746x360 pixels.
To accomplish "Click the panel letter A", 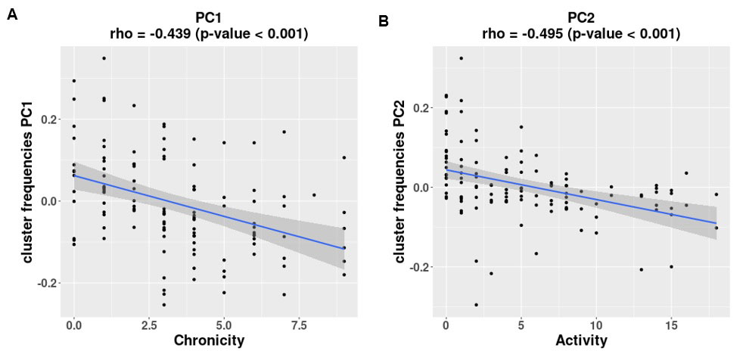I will point(11,14).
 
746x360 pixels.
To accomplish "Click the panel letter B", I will point(384,21).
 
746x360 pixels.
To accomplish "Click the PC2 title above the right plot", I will point(581,16).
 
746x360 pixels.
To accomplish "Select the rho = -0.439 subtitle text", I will point(210,33).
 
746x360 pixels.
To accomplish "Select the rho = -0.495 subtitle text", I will point(581,34).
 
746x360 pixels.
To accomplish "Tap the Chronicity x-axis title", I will point(209,340).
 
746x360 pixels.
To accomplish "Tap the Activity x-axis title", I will point(581,340).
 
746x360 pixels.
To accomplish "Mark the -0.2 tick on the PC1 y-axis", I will point(50,283).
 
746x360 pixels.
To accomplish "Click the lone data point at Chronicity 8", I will point(314,194).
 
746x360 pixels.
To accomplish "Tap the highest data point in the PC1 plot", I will point(104,58).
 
